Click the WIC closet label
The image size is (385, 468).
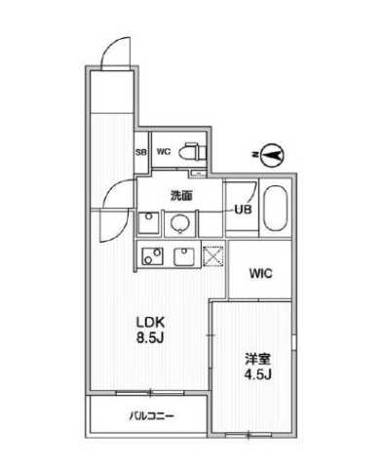(260, 273)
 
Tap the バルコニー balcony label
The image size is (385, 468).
(151, 416)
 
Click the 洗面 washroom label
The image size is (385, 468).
(181, 195)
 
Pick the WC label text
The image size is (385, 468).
(164, 152)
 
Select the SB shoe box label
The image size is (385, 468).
(140, 152)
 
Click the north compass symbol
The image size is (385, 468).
(270, 152)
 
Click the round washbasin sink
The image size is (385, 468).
(180, 224)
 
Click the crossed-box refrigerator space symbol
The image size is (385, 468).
(213, 257)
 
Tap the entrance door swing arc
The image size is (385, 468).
(114, 49)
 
